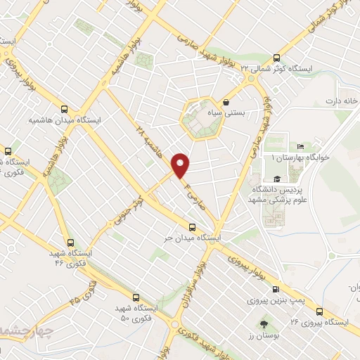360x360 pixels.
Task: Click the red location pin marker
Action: (x=182, y=165)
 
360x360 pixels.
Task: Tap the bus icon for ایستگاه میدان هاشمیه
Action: (x=65, y=109)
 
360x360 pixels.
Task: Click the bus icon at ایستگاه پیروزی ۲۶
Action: (x=320, y=310)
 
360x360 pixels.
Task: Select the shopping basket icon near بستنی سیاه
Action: (x=225, y=102)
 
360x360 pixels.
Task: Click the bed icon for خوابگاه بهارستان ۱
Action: (x=301, y=146)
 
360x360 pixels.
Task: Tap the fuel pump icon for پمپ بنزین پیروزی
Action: (x=275, y=288)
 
